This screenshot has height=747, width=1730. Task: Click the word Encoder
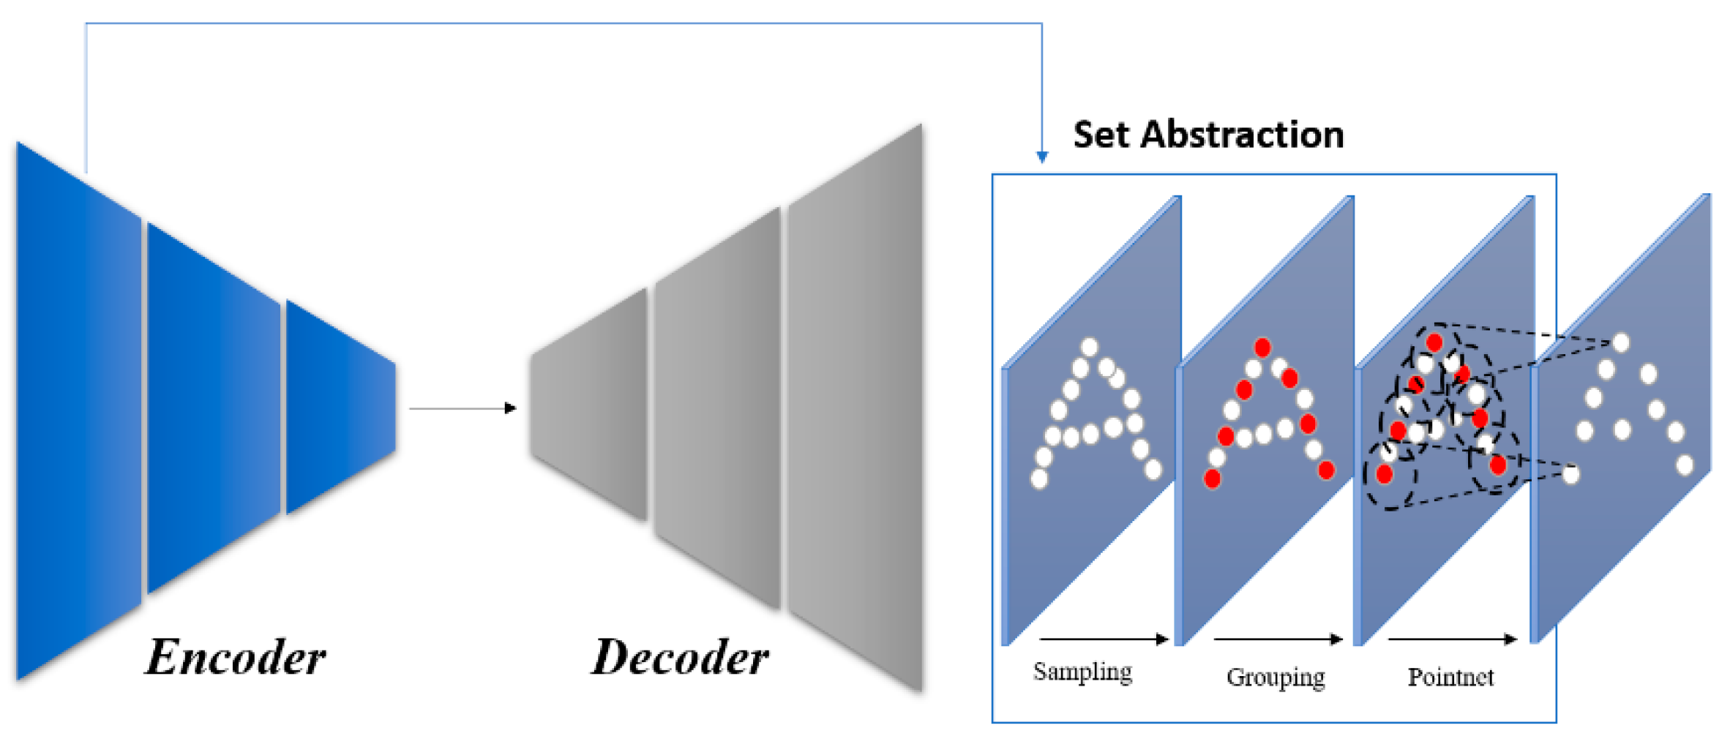pyautogui.click(x=236, y=657)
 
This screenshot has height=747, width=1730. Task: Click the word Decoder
pyautogui.click(x=680, y=657)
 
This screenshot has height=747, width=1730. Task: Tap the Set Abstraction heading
pyautogui.click(x=1208, y=135)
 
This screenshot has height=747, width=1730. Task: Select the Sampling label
pyautogui.click(x=1082, y=672)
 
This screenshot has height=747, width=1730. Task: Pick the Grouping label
pyautogui.click(x=1276, y=677)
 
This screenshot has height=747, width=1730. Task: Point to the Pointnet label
pyautogui.click(x=1450, y=677)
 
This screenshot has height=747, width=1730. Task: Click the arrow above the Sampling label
pyautogui.click(x=1104, y=639)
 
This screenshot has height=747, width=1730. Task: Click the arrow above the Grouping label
pyautogui.click(x=1278, y=639)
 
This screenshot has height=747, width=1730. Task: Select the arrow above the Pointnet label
pyautogui.click(x=1452, y=639)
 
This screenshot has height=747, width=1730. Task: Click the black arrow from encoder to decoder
pyautogui.click(x=463, y=408)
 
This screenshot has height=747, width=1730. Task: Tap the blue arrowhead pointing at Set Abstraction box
pyautogui.click(x=1042, y=157)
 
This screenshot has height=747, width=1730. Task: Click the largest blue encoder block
pyautogui.click(x=77, y=410)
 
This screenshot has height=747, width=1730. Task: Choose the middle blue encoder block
pyautogui.click(x=212, y=408)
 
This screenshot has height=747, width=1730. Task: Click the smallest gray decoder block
pyautogui.click(x=590, y=406)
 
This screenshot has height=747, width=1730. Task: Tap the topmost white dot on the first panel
pyautogui.click(x=1090, y=346)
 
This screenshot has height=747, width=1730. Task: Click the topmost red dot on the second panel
pyautogui.click(x=1262, y=346)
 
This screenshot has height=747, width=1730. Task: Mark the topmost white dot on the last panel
pyautogui.click(x=1621, y=342)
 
